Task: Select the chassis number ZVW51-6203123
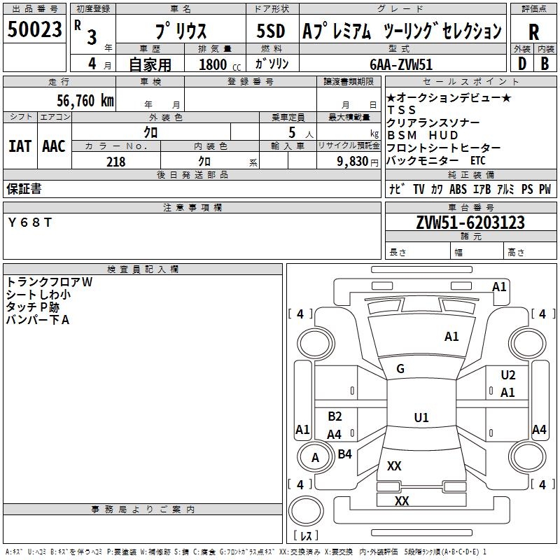pos(470,223)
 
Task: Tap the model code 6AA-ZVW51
pos(401,64)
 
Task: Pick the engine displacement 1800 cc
pos(219,64)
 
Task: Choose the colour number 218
pos(115,161)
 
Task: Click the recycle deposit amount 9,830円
pos(358,161)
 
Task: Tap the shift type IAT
pos(20,146)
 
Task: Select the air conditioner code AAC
pos(54,146)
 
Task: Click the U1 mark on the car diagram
pos(421,418)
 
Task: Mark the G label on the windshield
pos(400,369)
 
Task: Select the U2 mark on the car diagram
pos(508,375)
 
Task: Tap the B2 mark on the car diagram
pos(335,416)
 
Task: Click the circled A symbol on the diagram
pos(315,458)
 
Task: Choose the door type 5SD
pos(270,31)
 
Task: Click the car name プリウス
pos(180,31)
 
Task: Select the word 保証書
pos(24,188)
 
